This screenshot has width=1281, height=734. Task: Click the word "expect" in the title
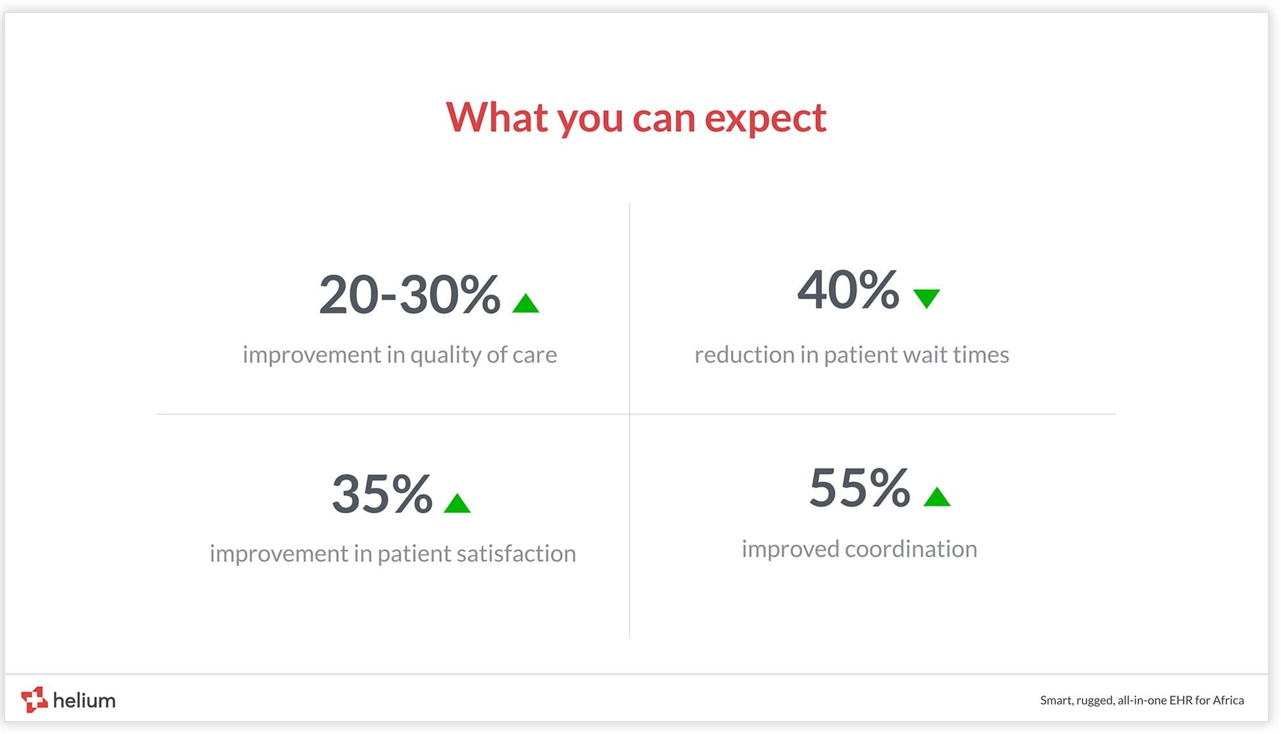coord(765,119)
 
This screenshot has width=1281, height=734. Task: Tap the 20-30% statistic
coord(410,294)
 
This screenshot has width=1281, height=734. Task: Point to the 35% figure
coord(382,494)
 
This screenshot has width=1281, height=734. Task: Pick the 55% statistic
coord(859,487)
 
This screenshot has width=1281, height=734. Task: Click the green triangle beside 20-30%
coord(525,303)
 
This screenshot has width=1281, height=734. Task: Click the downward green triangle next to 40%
coord(927,299)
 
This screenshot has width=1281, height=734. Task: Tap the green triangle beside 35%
coord(457,503)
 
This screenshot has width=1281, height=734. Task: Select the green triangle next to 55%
coord(937,496)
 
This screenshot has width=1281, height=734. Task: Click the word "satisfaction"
coord(516,553)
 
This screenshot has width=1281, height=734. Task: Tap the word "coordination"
coord(911,549)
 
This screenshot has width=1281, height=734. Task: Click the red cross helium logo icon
coord(34,700)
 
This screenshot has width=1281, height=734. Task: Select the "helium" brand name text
coord(84,700)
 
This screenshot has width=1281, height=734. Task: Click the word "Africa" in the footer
coord(1228,700)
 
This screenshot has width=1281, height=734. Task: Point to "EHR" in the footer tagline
coord(1181,700)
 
